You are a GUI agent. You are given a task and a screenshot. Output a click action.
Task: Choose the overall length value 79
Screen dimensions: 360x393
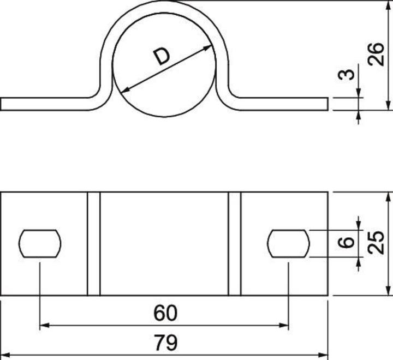tap(165, 343)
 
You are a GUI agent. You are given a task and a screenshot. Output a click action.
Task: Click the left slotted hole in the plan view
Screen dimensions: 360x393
tap(40, 243)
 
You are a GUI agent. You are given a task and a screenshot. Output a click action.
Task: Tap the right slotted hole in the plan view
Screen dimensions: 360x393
tap(289, 243)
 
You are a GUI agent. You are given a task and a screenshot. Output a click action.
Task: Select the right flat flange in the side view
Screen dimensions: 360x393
tap(284, 104)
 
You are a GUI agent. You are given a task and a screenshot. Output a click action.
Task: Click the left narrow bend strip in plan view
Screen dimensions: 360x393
tap(94, 243)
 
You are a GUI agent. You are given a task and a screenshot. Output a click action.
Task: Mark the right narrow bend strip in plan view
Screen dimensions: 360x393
tap(235, 243)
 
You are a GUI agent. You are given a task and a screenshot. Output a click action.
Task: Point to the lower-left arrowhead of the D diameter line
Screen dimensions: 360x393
tap(124, 89)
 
